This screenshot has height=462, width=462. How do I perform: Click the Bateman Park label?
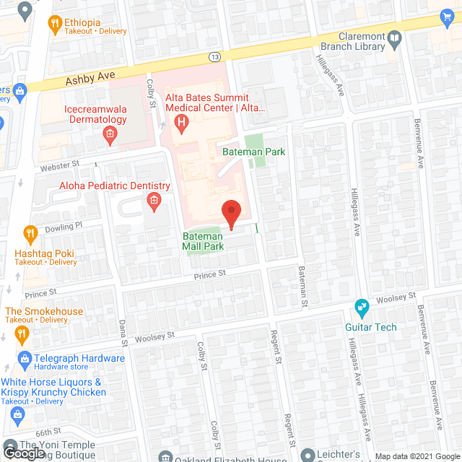click(x=253, y=152)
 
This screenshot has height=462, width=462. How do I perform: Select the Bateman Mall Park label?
click(x=203, y=241)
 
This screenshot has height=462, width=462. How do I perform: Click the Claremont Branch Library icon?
click(x=394, y=38)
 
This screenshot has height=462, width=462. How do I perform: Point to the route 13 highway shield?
click(x=214, y=56)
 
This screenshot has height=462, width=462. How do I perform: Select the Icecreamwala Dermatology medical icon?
click(x=109, y=134)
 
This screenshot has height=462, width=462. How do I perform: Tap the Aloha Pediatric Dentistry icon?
click(x=152, y=200)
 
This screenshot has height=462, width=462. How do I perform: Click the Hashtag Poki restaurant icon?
click(x=30, y=233)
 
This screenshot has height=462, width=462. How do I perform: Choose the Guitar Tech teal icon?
click(x=362, y=308)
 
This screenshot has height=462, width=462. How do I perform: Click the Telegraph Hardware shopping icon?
click(x=24, y=358)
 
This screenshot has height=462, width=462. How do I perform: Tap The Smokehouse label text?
click(x=45, y=311)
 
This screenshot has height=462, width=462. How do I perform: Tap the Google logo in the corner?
click(x=22, y=453)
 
